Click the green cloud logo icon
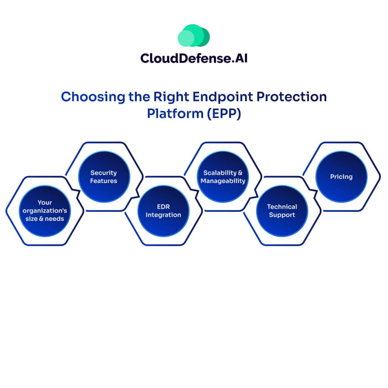click(x=194, y=36)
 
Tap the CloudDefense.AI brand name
click(x=194, y=58)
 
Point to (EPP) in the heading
click(x=223, y=114)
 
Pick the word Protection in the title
click(x=291, y=97)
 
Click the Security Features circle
click(x=104, y=177)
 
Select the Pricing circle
click(x=341, y=177)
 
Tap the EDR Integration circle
click(x=163, y=211)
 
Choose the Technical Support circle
click(x=282, y=211)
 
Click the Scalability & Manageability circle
click(x=223, y=177)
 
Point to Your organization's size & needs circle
click(x=45, y=211)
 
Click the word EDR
click(x=163, y=207)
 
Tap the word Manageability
click(x=223, y=181)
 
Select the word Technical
click(x=282, y=207)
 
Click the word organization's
click(x=45, y=211)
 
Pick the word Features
click(x=104, y=181)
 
